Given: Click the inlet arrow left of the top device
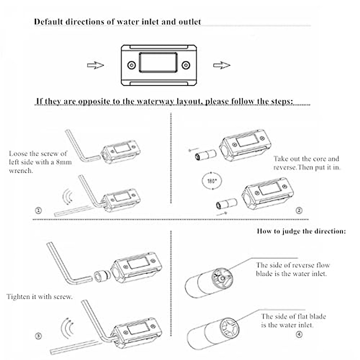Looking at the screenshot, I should tap(95, 65).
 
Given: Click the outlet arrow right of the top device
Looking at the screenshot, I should tap(222, 65).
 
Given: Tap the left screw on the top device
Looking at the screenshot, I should tap(131, 65).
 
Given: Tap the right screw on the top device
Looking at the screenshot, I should tap(186, 65).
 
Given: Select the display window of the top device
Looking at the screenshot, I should tap(158, 62).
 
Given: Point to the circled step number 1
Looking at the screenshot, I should tap(38, 211).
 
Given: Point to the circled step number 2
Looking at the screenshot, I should tap(299, 211).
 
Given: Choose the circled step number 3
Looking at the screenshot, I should tap(38, 336).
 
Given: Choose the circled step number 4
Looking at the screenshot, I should tap(299, 334).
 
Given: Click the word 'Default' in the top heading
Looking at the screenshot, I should tap(48, 22).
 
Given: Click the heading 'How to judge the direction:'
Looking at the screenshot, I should tap(301, 231).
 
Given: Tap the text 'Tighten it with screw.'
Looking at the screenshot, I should tap(40, 297).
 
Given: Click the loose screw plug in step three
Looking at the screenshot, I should tap(101, 276).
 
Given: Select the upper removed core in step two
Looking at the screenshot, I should tap(205, 155).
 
